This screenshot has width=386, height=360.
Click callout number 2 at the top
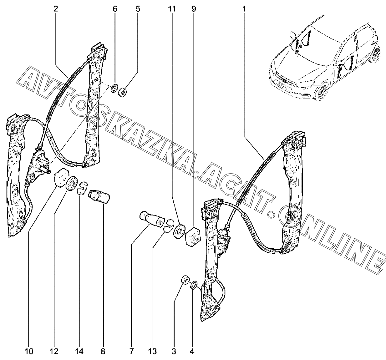click(56, 9)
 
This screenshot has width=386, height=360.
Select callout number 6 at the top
click(115, 9)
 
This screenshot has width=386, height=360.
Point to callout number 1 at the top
click(244, 9)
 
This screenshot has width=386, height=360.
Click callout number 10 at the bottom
click(29, 352)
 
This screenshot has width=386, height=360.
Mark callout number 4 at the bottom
click(192, 352)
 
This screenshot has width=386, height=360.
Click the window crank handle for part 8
click(99, 197)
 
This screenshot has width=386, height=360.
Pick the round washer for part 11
click(180, 231)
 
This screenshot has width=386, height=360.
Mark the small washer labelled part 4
click(194, 285)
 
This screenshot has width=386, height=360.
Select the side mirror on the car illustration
click(293, 34)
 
